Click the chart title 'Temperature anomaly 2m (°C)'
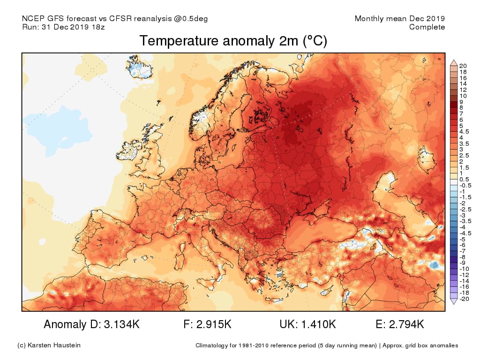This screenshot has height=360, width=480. click(233, 41)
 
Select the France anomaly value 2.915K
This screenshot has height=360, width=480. click(214, 324)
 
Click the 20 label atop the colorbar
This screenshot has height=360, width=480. click(463, 65)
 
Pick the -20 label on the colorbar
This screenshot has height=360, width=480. click(464, 299)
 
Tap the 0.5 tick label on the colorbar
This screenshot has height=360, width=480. click(464, 179)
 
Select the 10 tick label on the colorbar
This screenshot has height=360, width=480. click(463, 96)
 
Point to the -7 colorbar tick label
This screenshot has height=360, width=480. click(463, 251)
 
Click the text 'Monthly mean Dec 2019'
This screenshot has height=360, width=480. click(399, 19)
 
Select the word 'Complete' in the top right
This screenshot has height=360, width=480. click(427, 27)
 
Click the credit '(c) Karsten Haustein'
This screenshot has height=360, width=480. click(49, 345)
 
